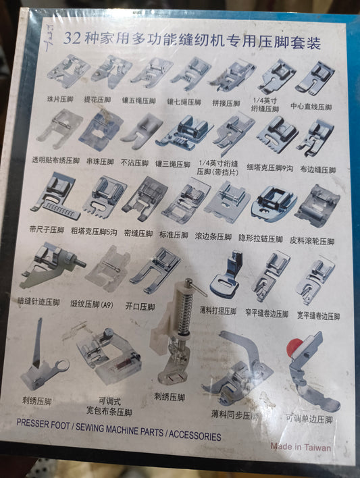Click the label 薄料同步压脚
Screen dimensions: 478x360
pyautogui.click(x=234, y=413)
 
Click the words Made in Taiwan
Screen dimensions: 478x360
pyautogui.click(x=301, y=446)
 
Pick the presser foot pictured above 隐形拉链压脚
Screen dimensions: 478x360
pyautogui.click(x=274, y=203)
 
